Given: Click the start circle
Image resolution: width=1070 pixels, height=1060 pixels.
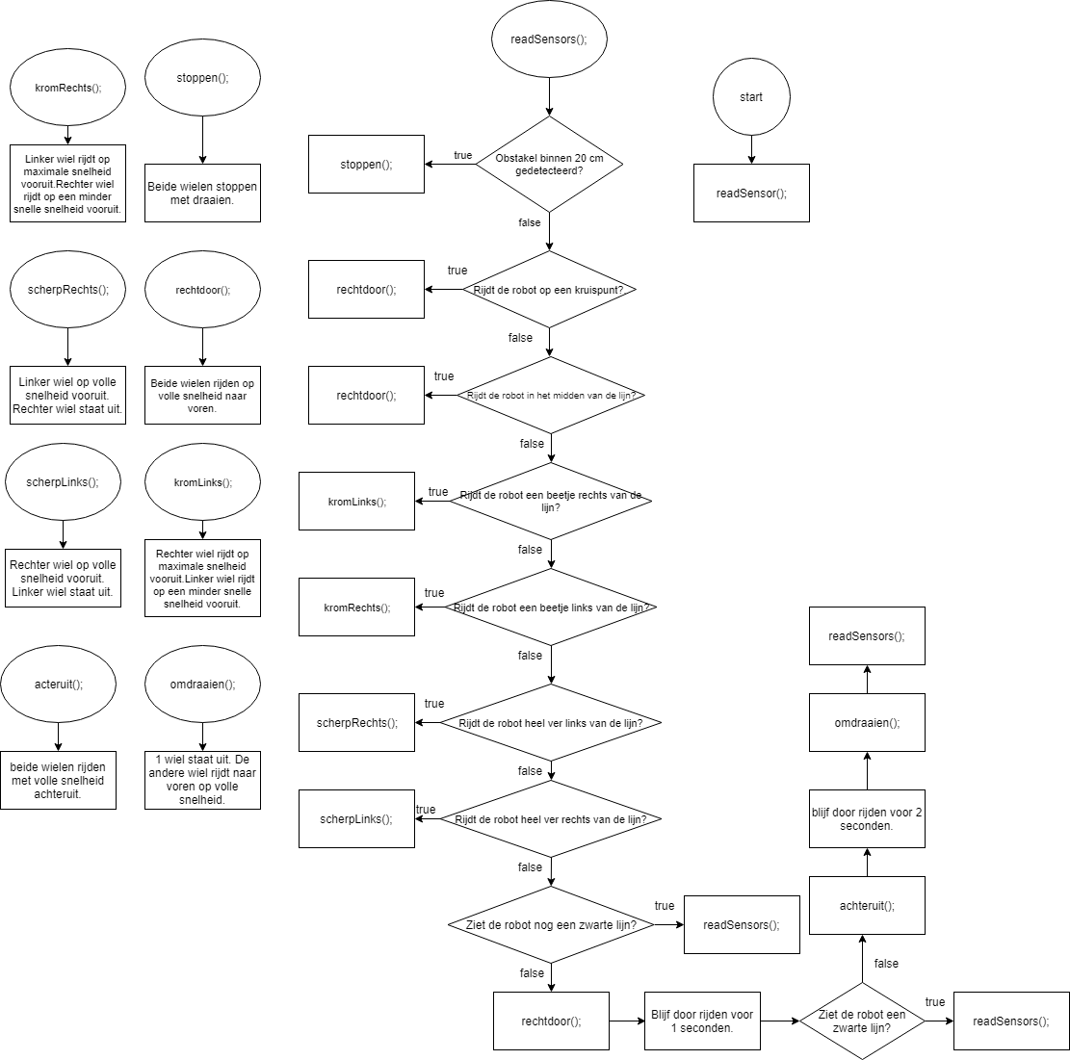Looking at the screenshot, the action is coord(751,97).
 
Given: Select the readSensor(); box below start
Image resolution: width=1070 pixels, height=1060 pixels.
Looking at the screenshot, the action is coord(751,194).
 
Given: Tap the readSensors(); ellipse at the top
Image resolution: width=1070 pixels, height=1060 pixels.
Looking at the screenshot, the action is coord(549,39).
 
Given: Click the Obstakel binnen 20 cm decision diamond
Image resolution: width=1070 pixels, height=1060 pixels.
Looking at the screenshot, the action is coord(549,164).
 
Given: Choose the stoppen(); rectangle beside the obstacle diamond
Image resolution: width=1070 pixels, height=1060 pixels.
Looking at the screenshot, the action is coord(366,164).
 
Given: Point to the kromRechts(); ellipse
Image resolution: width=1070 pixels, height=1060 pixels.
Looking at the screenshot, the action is coord(67,88).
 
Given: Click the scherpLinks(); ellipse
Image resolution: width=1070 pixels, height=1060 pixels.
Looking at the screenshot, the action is coord(63,481).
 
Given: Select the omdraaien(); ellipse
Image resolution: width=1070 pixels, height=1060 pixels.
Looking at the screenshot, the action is coord(202,685).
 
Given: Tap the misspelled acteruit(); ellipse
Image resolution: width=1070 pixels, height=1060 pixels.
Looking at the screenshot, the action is coord(58,685).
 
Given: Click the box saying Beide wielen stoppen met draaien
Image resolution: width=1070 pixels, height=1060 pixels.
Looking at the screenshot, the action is coord(202,194).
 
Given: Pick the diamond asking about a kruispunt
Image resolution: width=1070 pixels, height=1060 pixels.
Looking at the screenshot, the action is coord(549,289).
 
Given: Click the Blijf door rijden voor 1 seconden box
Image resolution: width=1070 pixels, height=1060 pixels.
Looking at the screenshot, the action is coord(702,1021).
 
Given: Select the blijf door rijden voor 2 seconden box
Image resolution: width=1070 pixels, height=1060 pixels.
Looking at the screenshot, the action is coord(868,818).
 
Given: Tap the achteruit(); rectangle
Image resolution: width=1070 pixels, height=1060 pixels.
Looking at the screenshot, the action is coord(868,905).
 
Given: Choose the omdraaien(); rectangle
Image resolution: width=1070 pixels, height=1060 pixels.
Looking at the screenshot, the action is coord(868,722).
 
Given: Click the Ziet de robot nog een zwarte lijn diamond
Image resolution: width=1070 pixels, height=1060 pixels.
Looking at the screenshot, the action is coord(552,925).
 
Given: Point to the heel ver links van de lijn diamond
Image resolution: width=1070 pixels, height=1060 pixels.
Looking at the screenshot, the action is coord(552,722).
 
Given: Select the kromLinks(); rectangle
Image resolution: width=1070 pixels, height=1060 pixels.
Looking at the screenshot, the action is coord(357,502).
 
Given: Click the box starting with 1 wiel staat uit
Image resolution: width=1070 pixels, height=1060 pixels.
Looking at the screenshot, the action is coord(202,780).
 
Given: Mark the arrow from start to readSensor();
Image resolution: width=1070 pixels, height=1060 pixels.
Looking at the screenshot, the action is coord(751,150).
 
